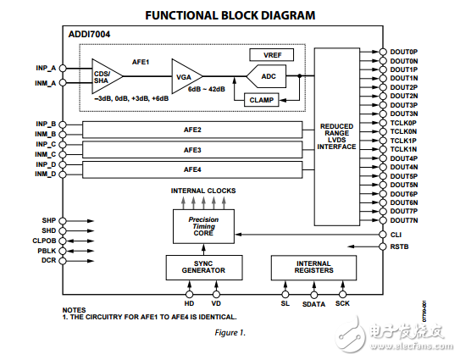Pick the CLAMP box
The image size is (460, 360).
262,99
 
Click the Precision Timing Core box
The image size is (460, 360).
203,224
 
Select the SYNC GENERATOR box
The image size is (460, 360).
203,268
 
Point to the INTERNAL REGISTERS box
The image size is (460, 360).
314,268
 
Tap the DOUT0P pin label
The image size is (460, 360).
404,52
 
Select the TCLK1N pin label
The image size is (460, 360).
404,149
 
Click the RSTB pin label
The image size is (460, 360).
400,246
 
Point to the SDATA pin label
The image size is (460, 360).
313,303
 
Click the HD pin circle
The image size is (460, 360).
189,294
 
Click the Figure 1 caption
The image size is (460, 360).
230,332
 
